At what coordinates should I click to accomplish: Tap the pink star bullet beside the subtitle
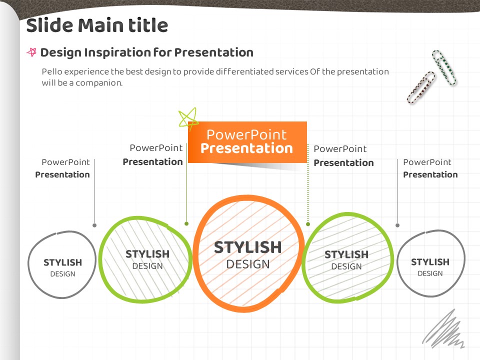31,52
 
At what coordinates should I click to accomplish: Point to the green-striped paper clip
444,67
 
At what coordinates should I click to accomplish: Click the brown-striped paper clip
421,87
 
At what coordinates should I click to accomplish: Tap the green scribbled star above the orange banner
188,117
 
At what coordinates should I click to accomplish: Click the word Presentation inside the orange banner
246,148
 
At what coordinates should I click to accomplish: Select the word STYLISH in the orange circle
247,247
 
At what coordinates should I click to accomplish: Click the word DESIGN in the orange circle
248,264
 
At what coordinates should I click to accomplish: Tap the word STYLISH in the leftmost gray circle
63,262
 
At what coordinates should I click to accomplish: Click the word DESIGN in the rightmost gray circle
430,273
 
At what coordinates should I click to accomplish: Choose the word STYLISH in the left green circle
147,254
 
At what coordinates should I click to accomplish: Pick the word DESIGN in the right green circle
346,266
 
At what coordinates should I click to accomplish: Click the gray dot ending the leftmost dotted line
94,225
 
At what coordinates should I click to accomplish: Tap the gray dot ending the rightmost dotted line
397,225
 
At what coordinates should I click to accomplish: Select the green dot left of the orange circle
186,224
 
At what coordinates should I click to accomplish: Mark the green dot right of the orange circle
308,224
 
